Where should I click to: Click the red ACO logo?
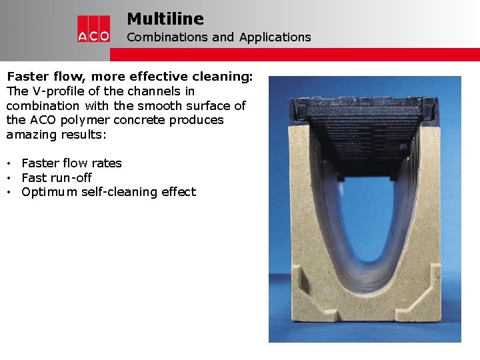pos(93,29)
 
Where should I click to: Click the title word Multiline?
pos(165,19)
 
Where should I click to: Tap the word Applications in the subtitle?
pos(275,37)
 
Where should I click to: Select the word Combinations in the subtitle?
pos(167,37)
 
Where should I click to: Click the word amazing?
pos(33,135)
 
